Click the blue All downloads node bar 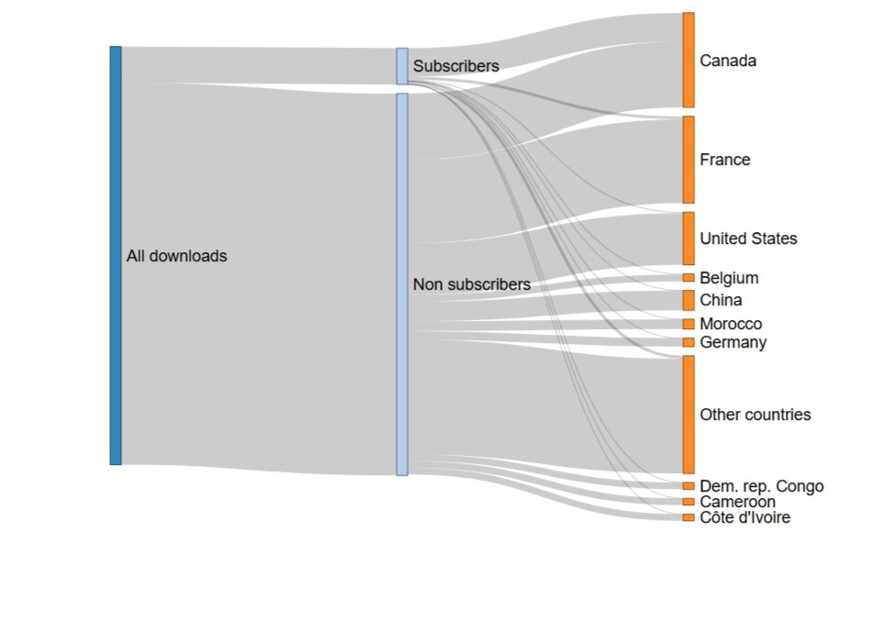point(116,255)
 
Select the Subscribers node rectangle point(402,66)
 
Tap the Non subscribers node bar point(402,284)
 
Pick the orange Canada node point(688,60)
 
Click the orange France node point(688,160)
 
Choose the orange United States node point(688,238)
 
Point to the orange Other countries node point(688,415)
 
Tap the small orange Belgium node point(688,278)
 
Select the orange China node point(688,300)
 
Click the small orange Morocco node point(688,324)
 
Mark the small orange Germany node point(688,342)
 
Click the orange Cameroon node point(688,502)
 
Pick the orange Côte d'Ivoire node point(688,517)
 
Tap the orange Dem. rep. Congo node point(688,486)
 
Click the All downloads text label point(176,256)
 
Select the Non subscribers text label point(471,284)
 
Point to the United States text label point(748,238)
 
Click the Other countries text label point(755,415)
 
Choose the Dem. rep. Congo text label point(762,486)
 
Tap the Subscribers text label point(456,66)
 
